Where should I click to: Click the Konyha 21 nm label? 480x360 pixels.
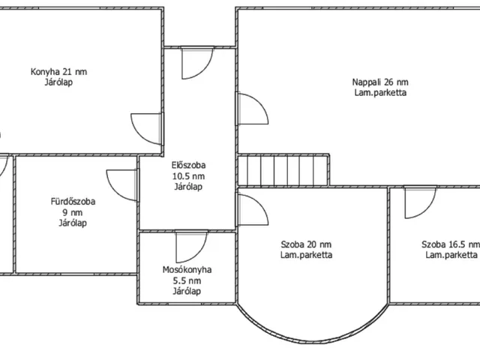[x=58, y=72]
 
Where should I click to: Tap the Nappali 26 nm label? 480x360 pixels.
[x=380, y=82]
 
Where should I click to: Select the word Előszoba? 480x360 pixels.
[x=188, y=165]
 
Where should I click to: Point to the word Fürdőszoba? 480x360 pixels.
[x=73, y=202]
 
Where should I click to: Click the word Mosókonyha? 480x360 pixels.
[x=187, y=270]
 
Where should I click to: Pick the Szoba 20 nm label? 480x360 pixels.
[x=306, y=244]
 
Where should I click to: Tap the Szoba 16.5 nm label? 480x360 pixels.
[x=451, y=244]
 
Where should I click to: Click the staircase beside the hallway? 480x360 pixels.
[x=283, y=170]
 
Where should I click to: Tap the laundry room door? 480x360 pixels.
[x=192, y=247]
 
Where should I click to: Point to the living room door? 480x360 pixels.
[x=253, y=109]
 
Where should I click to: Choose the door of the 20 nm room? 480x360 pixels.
[x=253, y=210]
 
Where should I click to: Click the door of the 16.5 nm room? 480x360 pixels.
[x=421, y=202]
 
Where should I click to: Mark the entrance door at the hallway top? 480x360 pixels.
[x=197, y=63]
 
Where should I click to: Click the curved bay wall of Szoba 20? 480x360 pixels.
[x=312, y=342]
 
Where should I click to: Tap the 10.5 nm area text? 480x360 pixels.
[x=188, y=176]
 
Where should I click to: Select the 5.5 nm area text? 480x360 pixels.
[x=187, y=280]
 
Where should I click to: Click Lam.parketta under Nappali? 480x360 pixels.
[x=380, y=93]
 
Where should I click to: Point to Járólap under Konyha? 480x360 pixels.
[x=58, y=82]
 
